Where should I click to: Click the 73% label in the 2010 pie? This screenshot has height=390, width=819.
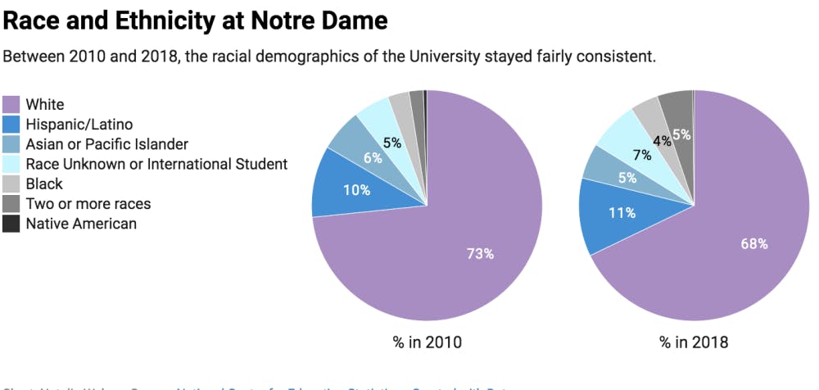pyautogui.click(x=480, y=254)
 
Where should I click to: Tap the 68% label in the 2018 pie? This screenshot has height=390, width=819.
pyautogui.click(x=754, y=243)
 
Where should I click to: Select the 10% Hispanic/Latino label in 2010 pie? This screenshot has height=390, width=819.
pyautogui.click(x=357, y=190)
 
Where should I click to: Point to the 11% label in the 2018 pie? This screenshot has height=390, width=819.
pyautogui.click(x=622, y=213)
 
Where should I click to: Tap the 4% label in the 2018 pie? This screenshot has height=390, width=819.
pyautogui.click(x=662, y=140)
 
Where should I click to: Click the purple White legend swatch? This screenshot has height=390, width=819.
pyautogui.click(x=11, y=105)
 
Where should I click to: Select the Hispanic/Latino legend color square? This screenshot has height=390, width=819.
pyautogui.click(x=11, y=125)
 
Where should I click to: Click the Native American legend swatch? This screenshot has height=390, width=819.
pyautogui.click(x=11, y=224)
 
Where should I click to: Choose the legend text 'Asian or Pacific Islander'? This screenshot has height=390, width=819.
pyautogui.click(x=106, y=144)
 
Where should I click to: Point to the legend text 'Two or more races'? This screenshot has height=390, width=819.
pyautogui.click(x=88, y=204)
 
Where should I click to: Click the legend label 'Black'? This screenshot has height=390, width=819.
pyautogui.click(x=44, y=184)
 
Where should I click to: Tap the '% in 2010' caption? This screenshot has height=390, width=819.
pyautogui.click(x=427, y=342)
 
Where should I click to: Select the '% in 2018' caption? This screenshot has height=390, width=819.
pyautogui.click(x=695, y=342)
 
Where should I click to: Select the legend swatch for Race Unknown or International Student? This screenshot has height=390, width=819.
pyautogui.click(x=11, y=165)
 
